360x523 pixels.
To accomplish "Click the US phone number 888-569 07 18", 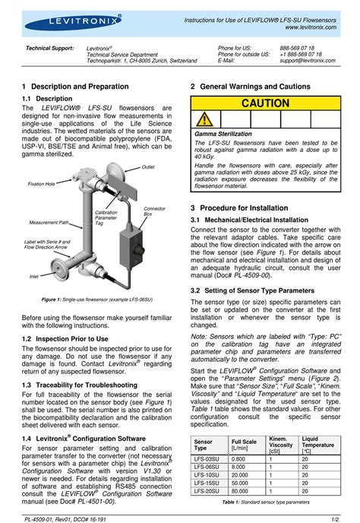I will (295, 47).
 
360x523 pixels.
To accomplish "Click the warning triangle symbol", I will (203, 119).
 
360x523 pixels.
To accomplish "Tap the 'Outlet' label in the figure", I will (148, 166).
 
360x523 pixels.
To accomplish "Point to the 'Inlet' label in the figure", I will (34, 276).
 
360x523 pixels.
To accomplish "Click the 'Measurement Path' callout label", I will (49, 222).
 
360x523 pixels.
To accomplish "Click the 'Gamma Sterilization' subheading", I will (223, 133).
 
